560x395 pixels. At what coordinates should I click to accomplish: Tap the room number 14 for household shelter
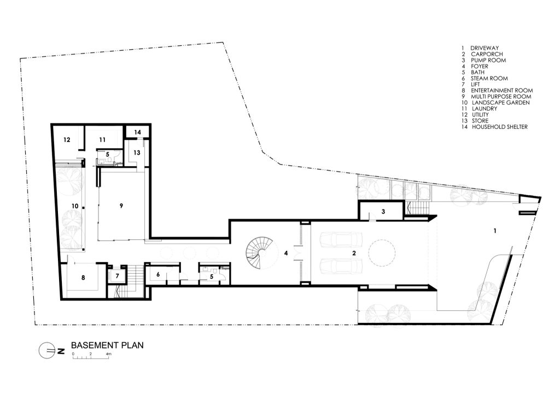[137, 132]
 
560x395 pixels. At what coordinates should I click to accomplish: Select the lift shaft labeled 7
[117, 275]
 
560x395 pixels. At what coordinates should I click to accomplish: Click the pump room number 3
[383, 211]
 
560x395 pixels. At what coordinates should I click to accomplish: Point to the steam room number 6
[158, 274]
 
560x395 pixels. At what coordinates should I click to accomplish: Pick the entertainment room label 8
[83, 277]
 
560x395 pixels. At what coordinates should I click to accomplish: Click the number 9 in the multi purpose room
[121, 205]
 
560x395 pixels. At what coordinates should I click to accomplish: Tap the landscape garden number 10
[74, 206]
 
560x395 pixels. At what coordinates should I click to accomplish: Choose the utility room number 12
[67, 140]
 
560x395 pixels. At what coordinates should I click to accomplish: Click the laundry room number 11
[102, 140]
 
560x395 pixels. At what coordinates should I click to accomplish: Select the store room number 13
[137, 153]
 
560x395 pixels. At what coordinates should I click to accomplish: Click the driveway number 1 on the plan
[495, 231]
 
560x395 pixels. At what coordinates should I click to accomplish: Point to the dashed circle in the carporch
[382, 253]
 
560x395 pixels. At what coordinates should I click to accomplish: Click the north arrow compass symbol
[48, 351]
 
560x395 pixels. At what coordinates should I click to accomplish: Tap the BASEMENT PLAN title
[107, 345]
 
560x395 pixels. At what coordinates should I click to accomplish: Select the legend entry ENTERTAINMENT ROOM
[502, 91]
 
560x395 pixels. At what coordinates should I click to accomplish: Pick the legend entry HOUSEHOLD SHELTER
[500, 127]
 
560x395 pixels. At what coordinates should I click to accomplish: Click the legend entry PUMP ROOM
[488, 60]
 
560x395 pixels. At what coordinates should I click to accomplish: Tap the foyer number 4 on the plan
[285, 253]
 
